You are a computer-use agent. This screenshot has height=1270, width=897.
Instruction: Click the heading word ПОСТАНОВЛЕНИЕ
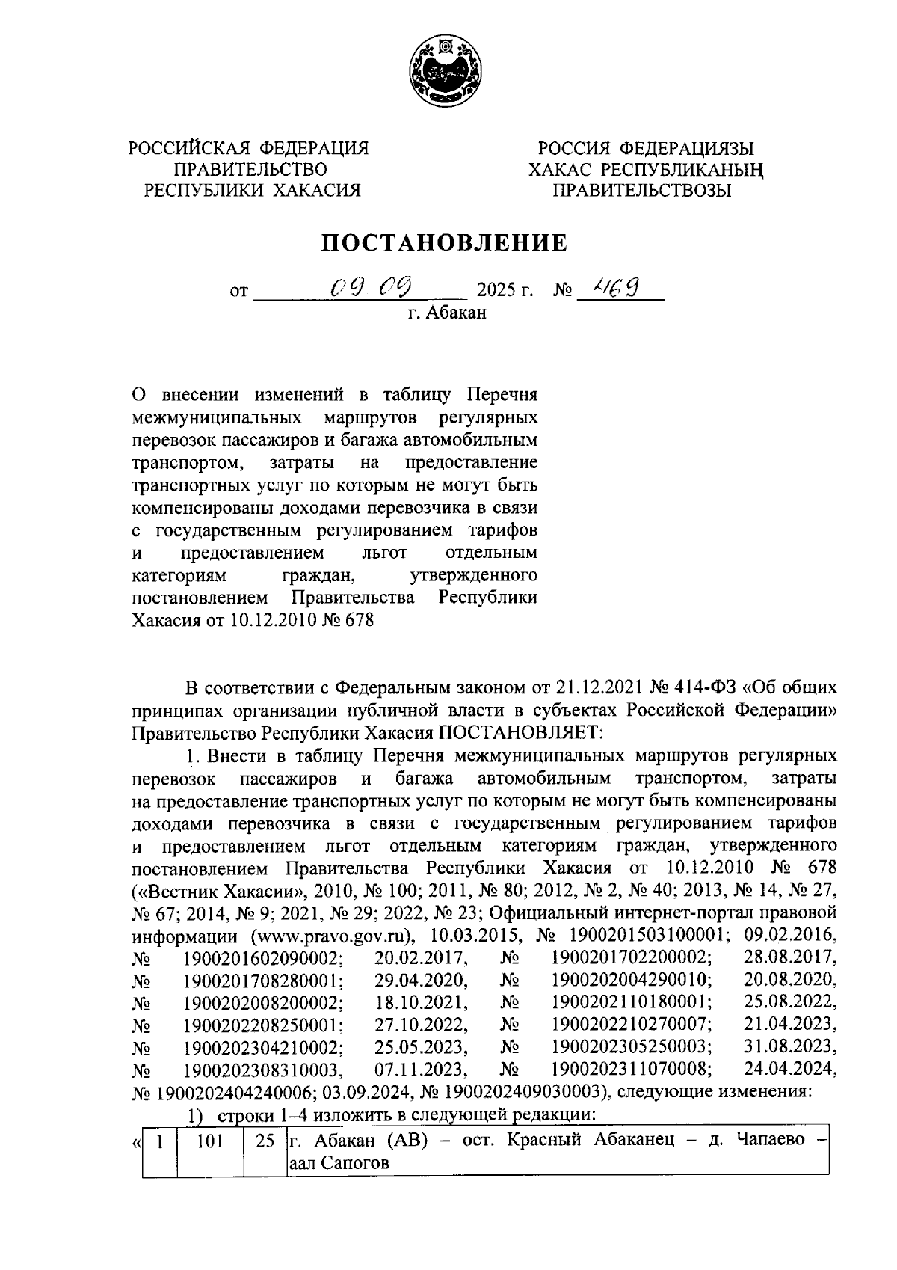[x=444, y=243]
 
